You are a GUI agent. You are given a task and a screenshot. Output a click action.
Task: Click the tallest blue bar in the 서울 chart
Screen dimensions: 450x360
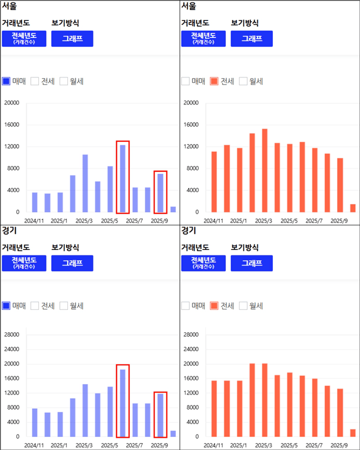pyautogui.click(x=123, y=178)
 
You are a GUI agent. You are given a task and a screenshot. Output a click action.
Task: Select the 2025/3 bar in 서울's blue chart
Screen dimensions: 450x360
pyautogui.click(x=85, y=183)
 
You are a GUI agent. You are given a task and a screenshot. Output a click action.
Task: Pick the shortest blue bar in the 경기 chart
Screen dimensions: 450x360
pyautogui.click(x=173, y=433)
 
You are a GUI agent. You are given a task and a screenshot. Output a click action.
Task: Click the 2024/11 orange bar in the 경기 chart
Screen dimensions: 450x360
pyautogui.click(x=214, y=409)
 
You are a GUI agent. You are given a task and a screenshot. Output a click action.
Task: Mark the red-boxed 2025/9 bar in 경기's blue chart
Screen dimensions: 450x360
pyautogui.click(x=160, y=415)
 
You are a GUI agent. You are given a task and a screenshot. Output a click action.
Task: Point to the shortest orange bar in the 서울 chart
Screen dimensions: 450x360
pyautogui.click(x=353, y=208)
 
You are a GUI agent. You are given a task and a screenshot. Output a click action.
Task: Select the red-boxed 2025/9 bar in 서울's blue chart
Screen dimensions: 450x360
pyautogui.click(x=160, y=193)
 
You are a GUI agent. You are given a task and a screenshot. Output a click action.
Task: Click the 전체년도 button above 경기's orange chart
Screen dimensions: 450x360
pyautogui.click(x=203, y=263)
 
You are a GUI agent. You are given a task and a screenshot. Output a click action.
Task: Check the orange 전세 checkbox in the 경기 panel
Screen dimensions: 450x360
pyautogui.click(x=214, y=306)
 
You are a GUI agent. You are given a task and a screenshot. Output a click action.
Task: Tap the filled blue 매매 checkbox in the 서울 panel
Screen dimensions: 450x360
pyautogui.click(x=7, y=81)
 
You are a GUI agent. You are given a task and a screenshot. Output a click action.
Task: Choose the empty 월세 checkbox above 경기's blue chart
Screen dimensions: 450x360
pyautogui.click(x=64, y=306)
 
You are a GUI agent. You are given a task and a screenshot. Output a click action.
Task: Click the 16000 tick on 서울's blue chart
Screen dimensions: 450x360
pyautogui.click(x=12, y=125)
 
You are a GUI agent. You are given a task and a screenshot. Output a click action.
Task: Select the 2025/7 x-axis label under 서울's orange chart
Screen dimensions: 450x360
pyautogui.click(x=314, y=221)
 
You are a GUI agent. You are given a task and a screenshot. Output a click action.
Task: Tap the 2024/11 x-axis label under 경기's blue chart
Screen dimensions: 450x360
pyautogui.click(x=34, y=445)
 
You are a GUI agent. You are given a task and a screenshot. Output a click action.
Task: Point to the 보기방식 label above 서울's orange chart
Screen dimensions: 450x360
pyautogui.click(x=245, y=23)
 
